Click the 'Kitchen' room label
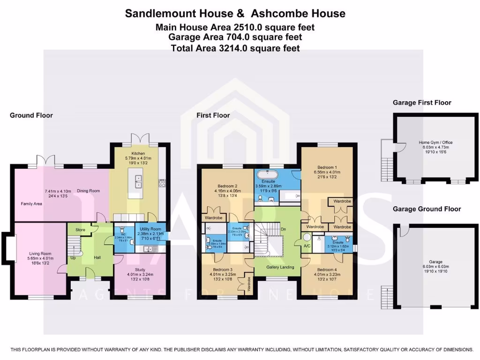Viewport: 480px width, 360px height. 138,153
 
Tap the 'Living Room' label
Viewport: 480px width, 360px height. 39,254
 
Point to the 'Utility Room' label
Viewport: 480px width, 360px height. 150,228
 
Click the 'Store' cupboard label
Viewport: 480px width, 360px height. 80,230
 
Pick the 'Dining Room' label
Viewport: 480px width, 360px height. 89,191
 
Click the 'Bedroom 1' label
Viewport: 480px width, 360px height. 327,167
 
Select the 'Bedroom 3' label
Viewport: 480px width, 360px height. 223,270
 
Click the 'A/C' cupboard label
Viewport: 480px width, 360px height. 307,246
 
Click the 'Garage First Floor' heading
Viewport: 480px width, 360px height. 422,103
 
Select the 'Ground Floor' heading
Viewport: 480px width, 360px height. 31,115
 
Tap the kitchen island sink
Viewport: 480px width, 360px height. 138,180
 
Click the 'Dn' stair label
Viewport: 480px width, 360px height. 283,229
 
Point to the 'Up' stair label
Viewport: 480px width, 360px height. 73,257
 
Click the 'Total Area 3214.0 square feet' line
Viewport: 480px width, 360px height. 235,48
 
